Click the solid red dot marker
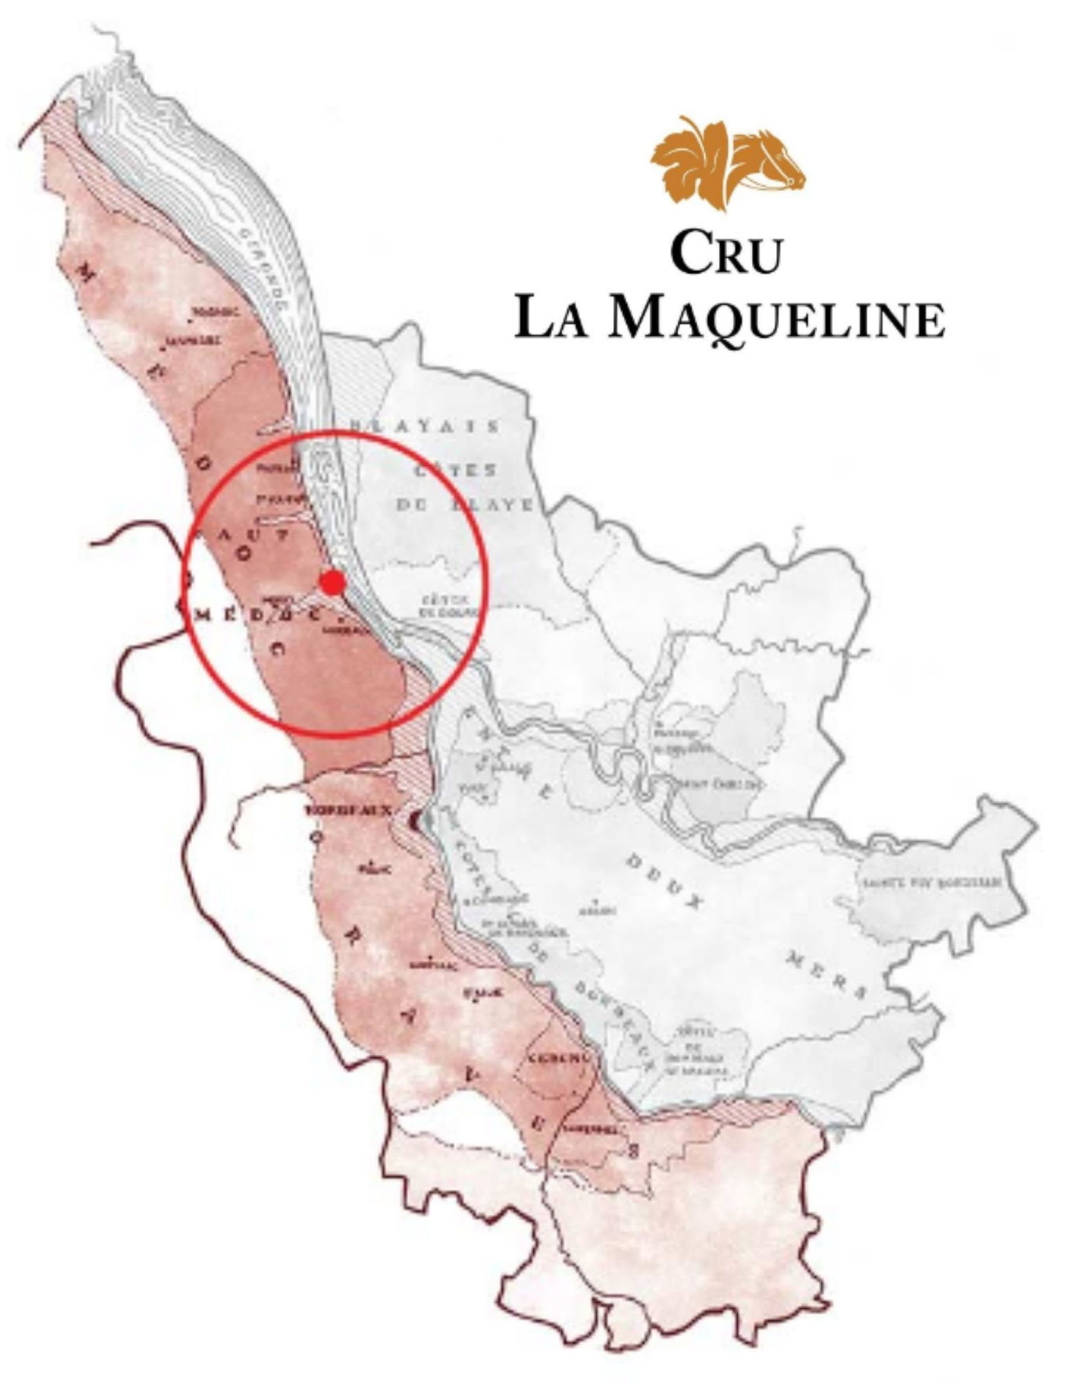(x=333, y=583)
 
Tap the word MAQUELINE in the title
(x=778, y=319)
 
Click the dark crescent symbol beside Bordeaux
(x=416, y=820)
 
